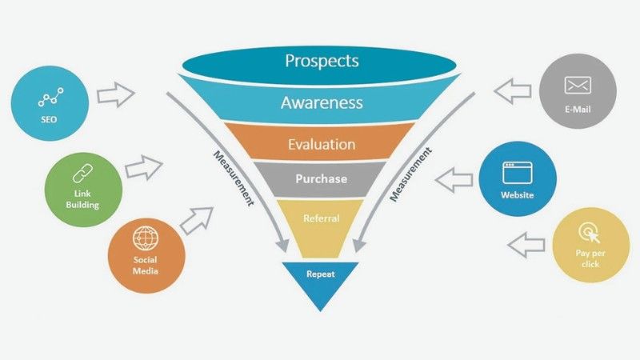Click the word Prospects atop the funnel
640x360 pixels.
click(x=322, y=62)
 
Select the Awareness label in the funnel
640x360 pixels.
click(x=322, y=102)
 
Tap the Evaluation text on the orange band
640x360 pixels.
click(x=322, y=144)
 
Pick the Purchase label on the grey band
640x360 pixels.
click(x=322, y=178)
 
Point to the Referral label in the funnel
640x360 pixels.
click(x=322, y=218)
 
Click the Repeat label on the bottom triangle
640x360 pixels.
click(x=321, y=274)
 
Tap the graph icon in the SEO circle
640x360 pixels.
click(x=50, y=97)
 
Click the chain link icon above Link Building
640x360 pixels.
click(x=83, y=174)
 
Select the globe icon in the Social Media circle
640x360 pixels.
click(x=146, y=238)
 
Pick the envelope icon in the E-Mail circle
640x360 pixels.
click(x=578, y=86)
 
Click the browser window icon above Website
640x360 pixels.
click(x=517, y=173)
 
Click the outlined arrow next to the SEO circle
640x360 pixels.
click(x=115, y=94)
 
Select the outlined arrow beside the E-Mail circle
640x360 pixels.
click(x=513, y=91)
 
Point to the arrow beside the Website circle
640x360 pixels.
click(x=454, y=179)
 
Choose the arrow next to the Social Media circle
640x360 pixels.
click(x=197, y=221)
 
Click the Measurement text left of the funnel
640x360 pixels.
click(x=234, y=178)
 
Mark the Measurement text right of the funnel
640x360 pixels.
click(x=410, y=174)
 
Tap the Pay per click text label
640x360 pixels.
click(x=590, y=258)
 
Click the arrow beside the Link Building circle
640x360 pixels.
click(x=144, y=167)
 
